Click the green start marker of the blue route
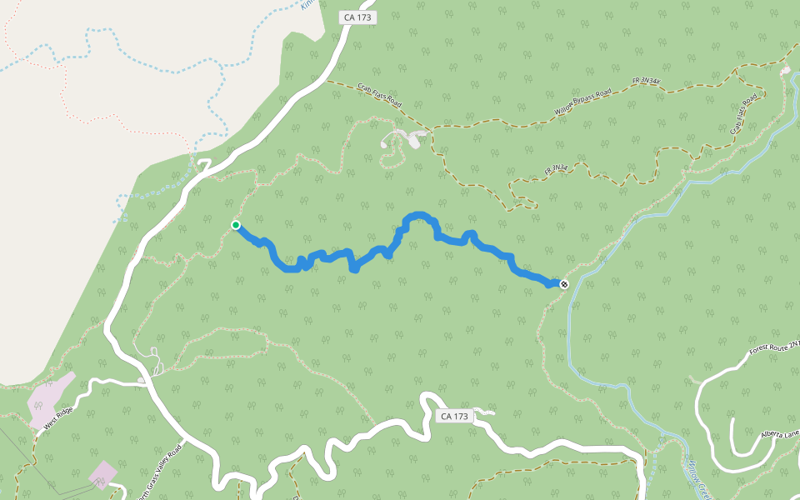(x=236, y=225)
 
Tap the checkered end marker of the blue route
(x=564, y=285)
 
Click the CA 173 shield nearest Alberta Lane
(x=455, y=416)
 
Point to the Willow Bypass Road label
(x=582, y=102)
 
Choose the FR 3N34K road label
(x=647, y=81)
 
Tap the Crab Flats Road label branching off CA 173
(x=380, y=94)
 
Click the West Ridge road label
(x=61, y=417)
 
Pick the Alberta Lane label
(x=780, y=434)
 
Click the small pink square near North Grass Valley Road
(x=102, y=472)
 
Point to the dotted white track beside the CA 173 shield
(x=487, y=411)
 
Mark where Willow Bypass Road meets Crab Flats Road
(x=430, y=129)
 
